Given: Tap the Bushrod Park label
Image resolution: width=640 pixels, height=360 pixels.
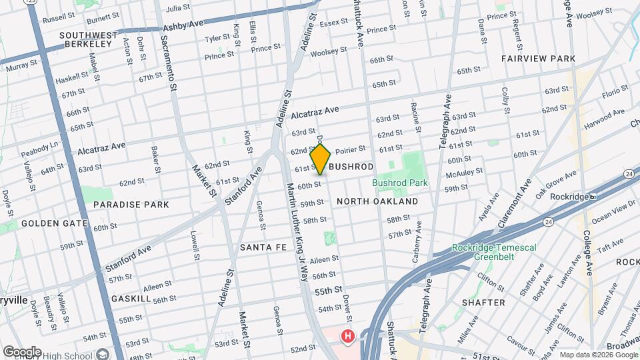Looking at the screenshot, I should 401,183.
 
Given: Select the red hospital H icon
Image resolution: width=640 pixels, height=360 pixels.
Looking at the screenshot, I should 347,337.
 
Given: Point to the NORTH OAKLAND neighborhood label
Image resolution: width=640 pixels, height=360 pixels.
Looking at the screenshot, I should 377,201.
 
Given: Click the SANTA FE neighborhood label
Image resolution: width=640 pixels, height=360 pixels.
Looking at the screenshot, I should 263,247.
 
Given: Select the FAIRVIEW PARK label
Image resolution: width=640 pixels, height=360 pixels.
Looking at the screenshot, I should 538,59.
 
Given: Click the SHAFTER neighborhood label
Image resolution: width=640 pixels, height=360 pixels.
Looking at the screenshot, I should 483,302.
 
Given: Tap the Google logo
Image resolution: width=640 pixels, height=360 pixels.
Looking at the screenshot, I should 22,351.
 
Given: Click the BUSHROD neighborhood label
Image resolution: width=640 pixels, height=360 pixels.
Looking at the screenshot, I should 351,166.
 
